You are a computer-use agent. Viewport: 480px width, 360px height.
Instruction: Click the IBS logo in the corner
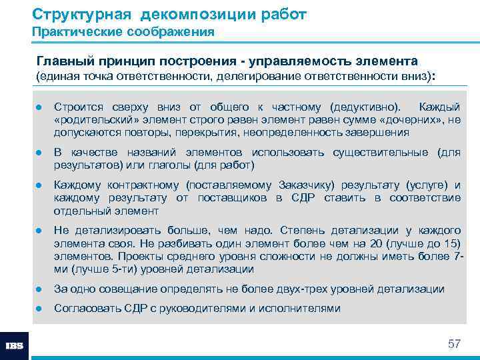[x=15, y=345]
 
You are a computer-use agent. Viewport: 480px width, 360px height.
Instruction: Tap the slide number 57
[x=454, y=344]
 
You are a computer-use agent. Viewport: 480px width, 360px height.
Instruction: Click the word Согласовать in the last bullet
[x=87, y=308]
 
